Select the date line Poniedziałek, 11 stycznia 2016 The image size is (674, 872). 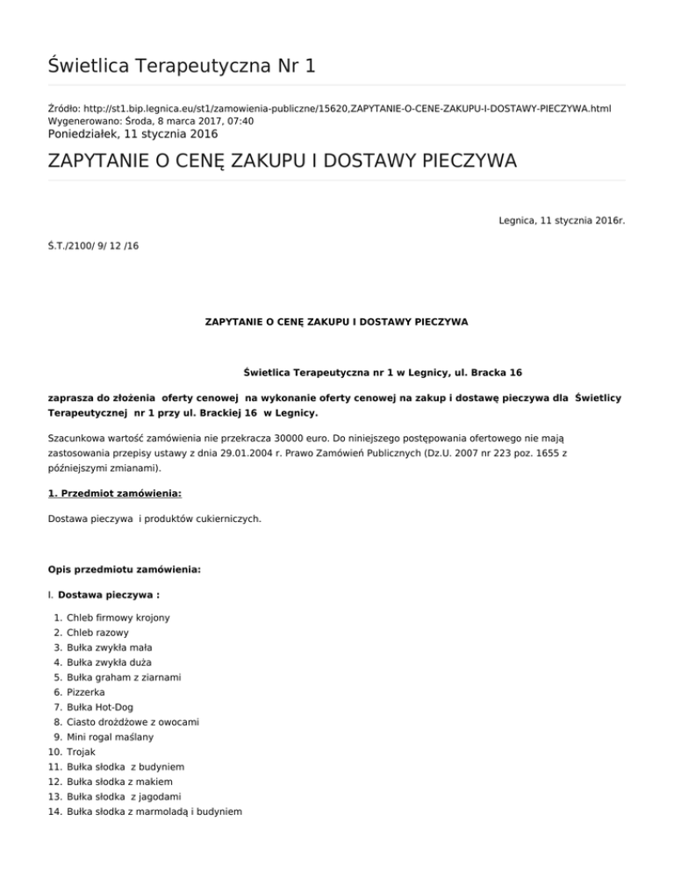133,134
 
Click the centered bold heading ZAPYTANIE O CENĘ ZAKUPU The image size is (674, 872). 336,322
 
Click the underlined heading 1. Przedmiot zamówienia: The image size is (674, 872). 114,494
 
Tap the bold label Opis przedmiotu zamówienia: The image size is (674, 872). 124,568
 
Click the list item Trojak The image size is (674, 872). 81,752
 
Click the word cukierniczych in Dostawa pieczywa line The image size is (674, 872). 226,518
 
